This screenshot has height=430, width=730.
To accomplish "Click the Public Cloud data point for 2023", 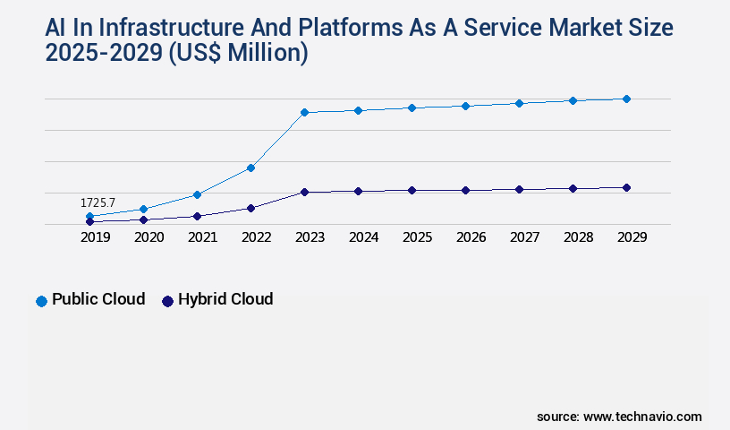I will (304, 112).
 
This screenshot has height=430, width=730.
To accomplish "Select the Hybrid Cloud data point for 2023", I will (304, 192).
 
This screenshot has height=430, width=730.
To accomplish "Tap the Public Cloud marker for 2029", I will (626, 99).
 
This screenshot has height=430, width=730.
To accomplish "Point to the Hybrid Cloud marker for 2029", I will (626, 187).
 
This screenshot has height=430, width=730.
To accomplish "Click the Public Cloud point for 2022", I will (250, 168).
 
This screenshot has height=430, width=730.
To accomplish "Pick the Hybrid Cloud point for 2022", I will (250, 208).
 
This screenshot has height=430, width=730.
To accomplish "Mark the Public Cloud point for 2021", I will (197, 194).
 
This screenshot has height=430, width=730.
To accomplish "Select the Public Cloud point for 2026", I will (465, 106).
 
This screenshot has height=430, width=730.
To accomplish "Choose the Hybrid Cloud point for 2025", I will (412, 190).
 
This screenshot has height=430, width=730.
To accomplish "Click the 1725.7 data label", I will (98, 203).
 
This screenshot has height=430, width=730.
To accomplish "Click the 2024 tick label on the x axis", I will (363, 237).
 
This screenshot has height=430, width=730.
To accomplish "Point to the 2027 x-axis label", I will (524, 237).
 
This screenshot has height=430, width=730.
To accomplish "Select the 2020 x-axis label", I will (149, 237).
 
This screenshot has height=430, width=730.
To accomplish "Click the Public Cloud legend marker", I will (41, 301).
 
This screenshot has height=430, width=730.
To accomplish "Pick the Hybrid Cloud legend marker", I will (167, 301).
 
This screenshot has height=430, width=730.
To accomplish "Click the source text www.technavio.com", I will (642, 417).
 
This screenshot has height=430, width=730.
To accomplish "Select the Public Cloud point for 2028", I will (573, 100).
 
